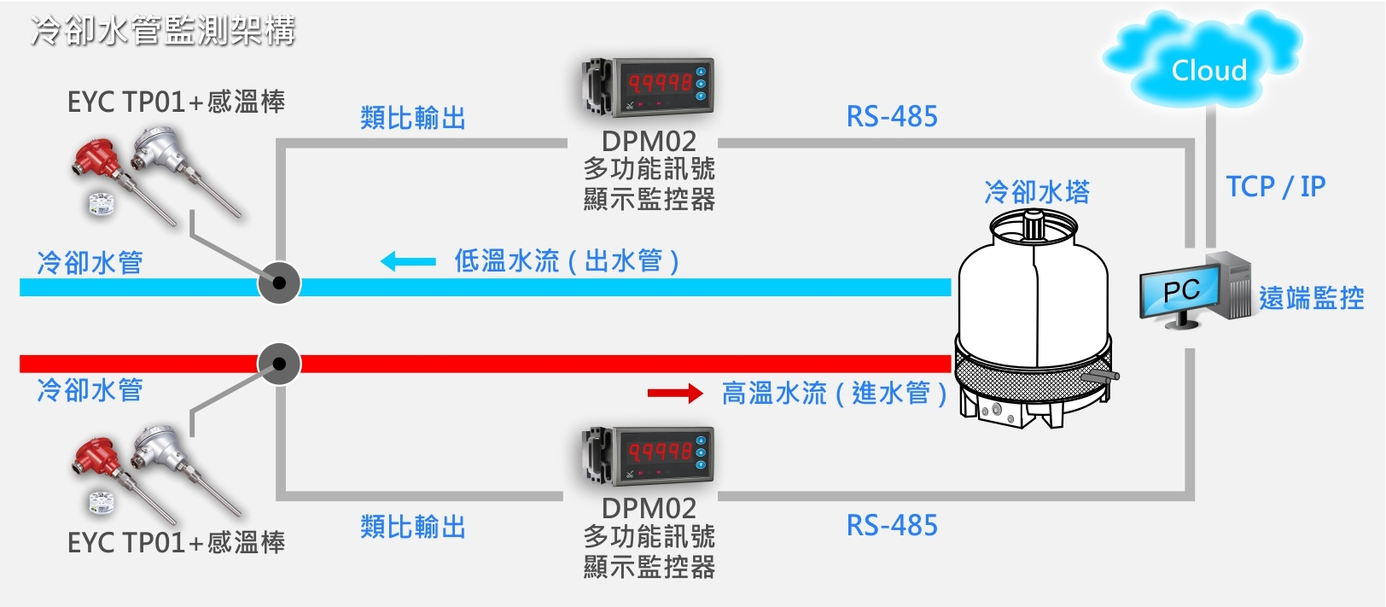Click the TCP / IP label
click(x=1275, y=186)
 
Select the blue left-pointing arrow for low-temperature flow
click(x=408, y=261)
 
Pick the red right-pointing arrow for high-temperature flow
click(x=674, y=393)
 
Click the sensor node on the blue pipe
click(x=279, y=283)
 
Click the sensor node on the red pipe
click(x=279, y=364)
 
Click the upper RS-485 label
click(x=892, y=117)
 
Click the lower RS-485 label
click(x=892, y=526)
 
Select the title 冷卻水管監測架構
click(x=163, y=32)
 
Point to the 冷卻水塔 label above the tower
click(x=1037, y=192)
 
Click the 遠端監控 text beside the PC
click(x=1311, y=298)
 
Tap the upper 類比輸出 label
click(x=413, y=118)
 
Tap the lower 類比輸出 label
click(x=413, y=527)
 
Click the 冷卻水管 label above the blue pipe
click(x=90, y=262)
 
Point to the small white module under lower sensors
click(x=102, y=503)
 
